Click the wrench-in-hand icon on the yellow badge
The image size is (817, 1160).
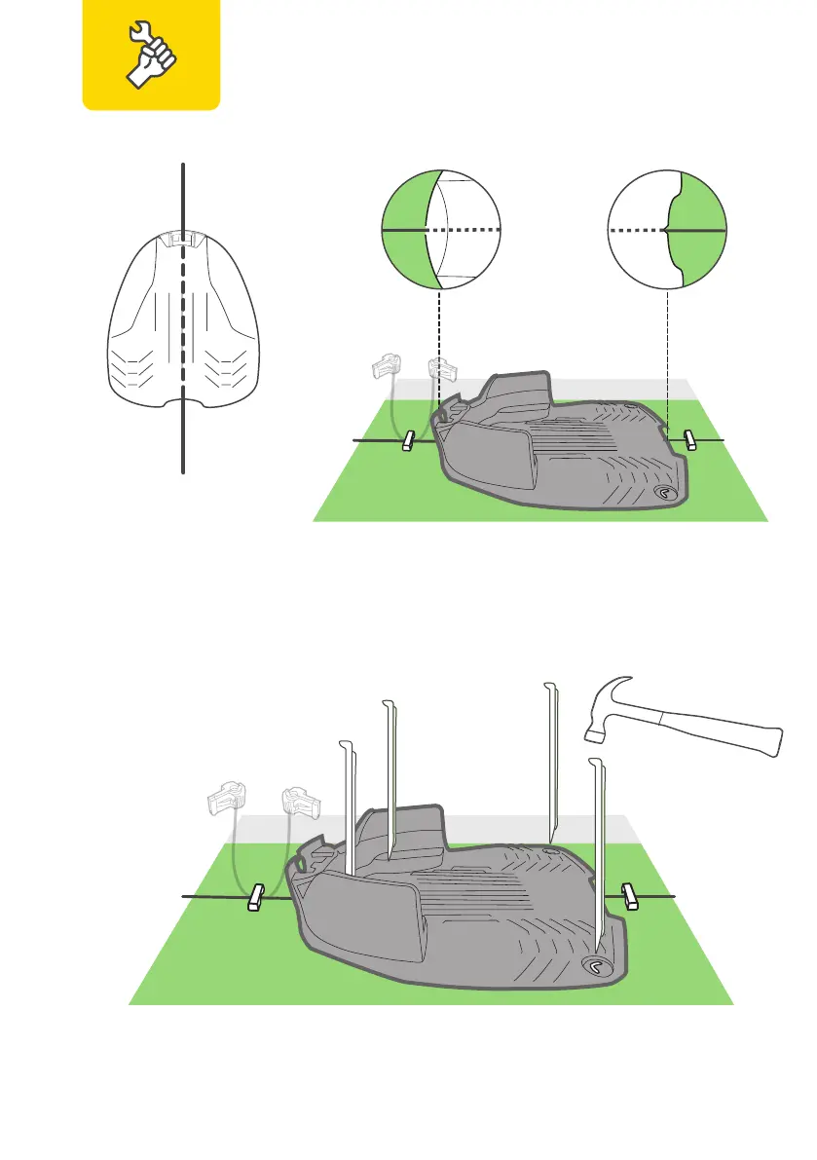coord(151,53)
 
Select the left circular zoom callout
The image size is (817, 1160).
coord(440,230)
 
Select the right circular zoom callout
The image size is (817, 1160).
coord(667,230)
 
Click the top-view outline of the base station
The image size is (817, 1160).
coord(182,321)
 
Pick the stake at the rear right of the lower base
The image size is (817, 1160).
coord(551,760)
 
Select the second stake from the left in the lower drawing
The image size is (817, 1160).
coord(390,779)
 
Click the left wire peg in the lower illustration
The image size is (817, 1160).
coord(257,897)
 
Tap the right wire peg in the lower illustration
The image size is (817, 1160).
coord(631,895)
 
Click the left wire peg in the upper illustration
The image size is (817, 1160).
coord(409,441)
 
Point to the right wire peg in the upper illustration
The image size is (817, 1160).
coord(690,439)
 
